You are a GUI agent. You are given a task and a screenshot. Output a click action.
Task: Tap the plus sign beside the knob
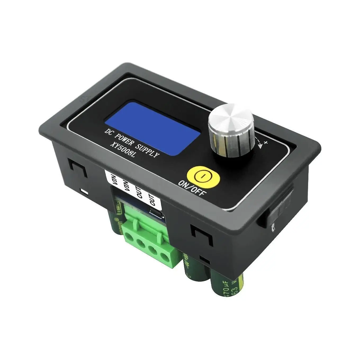point(266,143)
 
